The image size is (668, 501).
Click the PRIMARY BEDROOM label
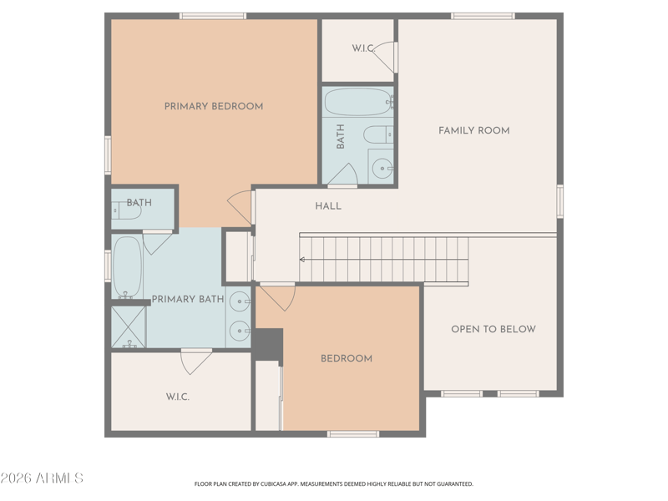(x=214, y=106)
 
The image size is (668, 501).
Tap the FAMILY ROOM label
(x=474, y=130)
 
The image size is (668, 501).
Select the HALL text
(x=328, y=206)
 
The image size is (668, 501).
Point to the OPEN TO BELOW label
(x=493, y=329)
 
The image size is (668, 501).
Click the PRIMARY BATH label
(x=188, y=299)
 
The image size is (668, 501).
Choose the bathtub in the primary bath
(x=128, y=267)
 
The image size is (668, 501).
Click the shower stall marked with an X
(x=129, y=326)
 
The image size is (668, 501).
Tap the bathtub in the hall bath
(x=358, y=102)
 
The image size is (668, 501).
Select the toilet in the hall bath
(x=378, y=135)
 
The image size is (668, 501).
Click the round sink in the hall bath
(x=382, y=169)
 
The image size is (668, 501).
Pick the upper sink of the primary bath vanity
(x=240, y=301)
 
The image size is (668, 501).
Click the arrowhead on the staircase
(x=302, y=260)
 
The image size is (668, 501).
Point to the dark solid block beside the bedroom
(x=268, y=344)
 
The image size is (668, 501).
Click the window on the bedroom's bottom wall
(x=353, y=433)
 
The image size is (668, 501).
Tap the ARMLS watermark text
(x=42, y=478)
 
